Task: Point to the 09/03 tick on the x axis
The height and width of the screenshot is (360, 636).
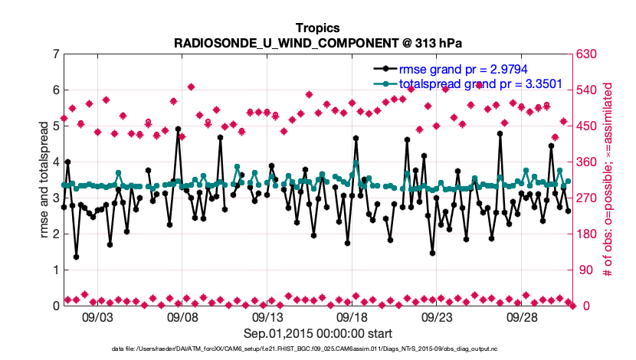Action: (97, 316)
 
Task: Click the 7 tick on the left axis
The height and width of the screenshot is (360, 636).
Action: (55, 54)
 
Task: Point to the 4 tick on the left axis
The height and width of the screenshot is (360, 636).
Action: (55, 162)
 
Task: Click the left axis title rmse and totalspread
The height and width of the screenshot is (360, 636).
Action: (44, 180)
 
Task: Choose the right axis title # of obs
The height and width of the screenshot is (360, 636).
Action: (608, 180)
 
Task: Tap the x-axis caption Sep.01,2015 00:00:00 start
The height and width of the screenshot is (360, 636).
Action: (318, 333)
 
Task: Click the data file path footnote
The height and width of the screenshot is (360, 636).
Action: (317, 349)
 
